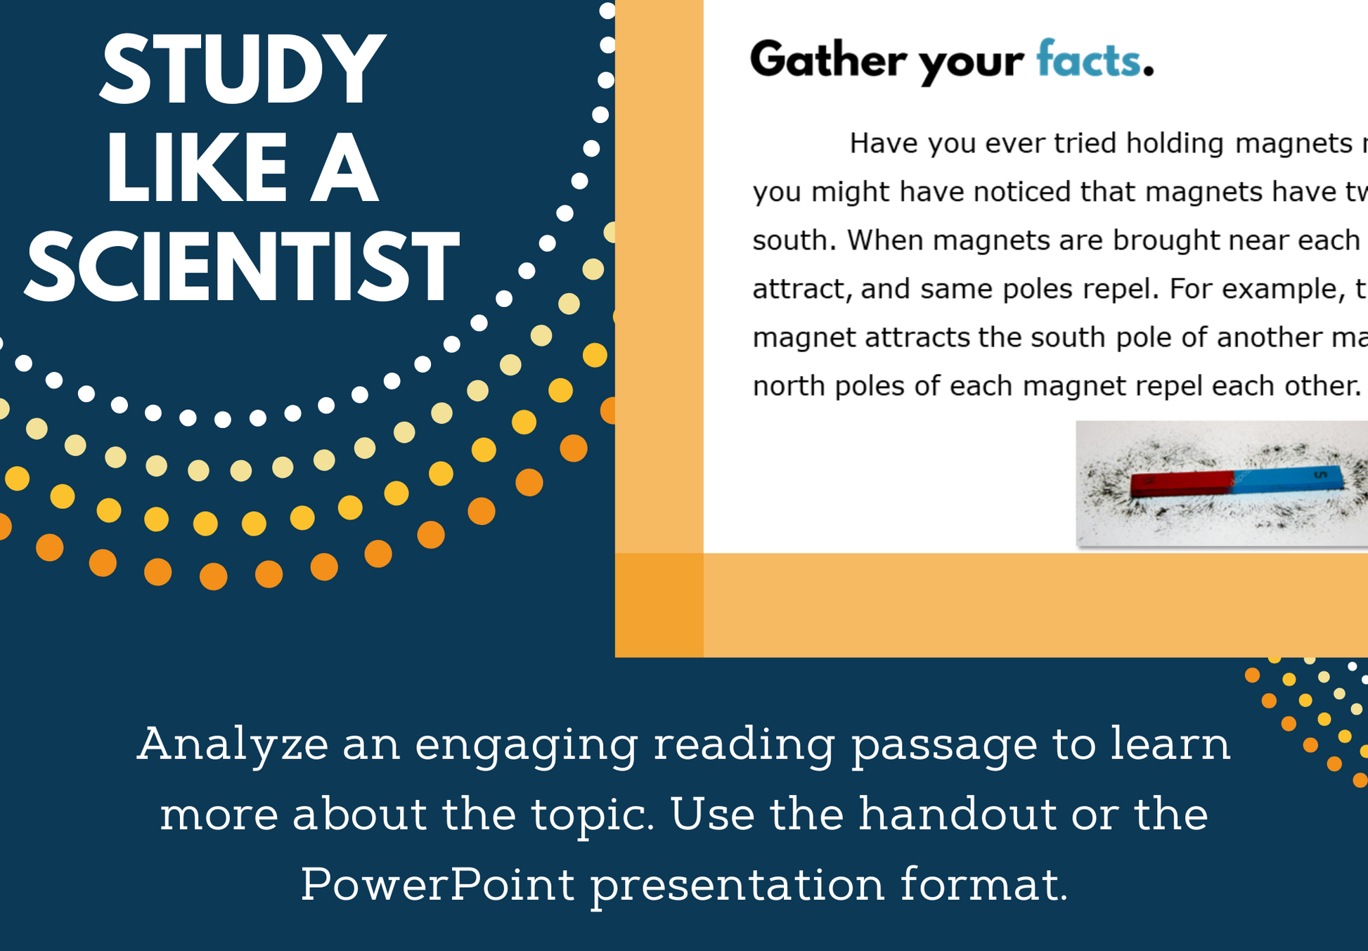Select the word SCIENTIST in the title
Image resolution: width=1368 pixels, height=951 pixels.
[243, 268]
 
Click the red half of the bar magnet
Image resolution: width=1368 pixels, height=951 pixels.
[1182, 484]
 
